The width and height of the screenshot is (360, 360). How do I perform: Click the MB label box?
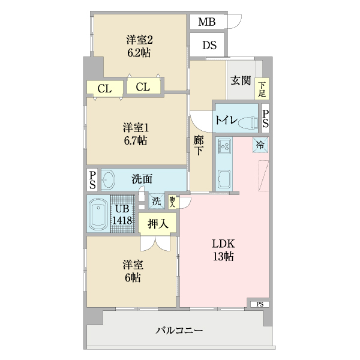pos(206,23)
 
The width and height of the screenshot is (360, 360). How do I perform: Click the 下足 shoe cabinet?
pos(262,89)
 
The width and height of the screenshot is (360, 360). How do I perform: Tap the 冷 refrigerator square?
pos(260,144)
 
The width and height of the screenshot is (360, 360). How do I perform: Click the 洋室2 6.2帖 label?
pos(139,46)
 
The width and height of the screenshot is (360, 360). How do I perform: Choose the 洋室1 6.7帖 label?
pos(136,134)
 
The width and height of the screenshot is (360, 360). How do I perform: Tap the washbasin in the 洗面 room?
pos(110,179)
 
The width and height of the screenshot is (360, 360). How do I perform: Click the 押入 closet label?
pos(158,224)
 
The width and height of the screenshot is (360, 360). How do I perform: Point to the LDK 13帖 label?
pos(222,250)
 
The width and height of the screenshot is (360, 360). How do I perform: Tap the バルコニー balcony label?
pos(179,330)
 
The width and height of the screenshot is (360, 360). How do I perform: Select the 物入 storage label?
pos(172,202)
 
